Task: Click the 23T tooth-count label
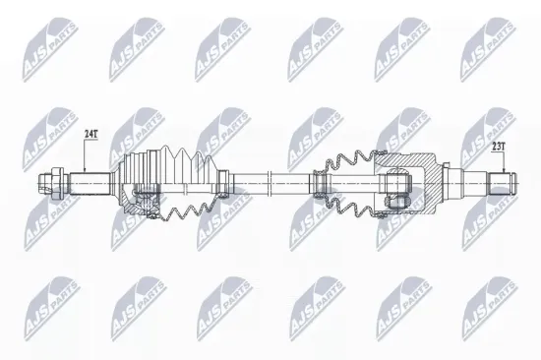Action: [x=498, y=146]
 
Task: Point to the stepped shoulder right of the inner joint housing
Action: [x=453, y=182]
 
